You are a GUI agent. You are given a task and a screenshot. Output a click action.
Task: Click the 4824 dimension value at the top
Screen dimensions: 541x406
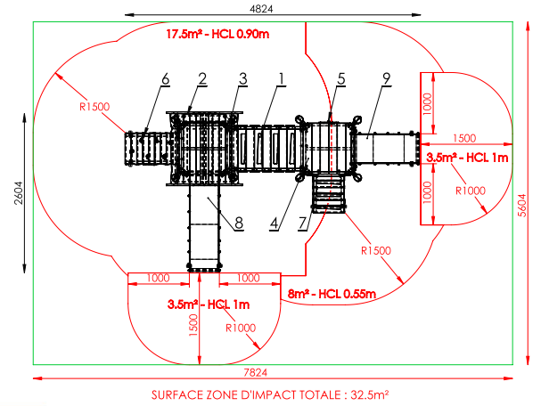pyautogui.click(x=261, y=9)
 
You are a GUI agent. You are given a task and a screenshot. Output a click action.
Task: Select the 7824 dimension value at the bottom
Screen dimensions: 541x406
pyautogui.click(x=255, y=372)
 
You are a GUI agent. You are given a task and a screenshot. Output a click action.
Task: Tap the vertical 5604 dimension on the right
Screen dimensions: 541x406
pyautogui.click(x=522, y=206)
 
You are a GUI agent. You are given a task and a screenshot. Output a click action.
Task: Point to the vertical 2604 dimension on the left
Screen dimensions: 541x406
pyautogui.click(x=19, y=193)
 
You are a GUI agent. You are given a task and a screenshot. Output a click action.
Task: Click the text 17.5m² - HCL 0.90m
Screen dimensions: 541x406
pyautogui.click(x=217, y=34)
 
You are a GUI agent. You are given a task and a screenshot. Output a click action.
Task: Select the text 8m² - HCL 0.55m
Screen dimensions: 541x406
pyautogui.click(x=332, y=294)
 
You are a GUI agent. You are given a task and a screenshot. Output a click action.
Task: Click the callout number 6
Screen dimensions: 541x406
pyautogui.click(x=166, y=79)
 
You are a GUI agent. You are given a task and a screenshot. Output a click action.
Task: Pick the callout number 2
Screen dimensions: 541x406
pyautogui.click(x=202, y=79)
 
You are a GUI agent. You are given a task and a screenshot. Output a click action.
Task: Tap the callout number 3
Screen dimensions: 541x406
pyautogui.click(x=243, y=79)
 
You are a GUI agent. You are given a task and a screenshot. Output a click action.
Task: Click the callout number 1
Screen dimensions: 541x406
pyautogui.click(x=282, y=79)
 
